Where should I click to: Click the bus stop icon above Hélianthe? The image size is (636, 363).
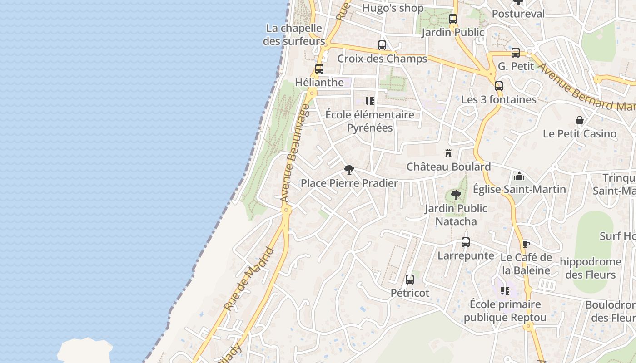click(319, 69)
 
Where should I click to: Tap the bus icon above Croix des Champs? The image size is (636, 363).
click(382, 45)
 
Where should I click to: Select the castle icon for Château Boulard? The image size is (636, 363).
click(448, 153)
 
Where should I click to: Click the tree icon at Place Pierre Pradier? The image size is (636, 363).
click(349, 170)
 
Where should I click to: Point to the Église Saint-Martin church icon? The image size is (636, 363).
click(519, 176)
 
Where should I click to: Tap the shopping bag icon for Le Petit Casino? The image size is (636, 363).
click(580, 120)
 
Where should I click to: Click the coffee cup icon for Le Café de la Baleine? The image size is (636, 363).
click(526, 245)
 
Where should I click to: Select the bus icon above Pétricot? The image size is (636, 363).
click(410, 280)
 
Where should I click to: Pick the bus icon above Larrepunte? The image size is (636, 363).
click(466, 242)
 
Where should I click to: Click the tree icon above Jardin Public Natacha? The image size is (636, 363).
click(456, 195)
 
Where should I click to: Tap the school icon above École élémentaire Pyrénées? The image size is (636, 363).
click(370, 101)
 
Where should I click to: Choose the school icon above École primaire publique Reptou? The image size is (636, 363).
click(505, 290)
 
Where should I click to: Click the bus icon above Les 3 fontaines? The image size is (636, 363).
click(499, 86)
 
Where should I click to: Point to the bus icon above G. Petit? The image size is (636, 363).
click(516, 53)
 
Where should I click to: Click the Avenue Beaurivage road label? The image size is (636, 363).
click(295, 153)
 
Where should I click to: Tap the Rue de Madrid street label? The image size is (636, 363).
click(250, 279)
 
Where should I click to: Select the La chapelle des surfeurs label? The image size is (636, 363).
click(294, 34)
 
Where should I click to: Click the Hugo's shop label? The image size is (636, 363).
click(393, 8)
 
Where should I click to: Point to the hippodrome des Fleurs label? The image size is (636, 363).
click(591, 268)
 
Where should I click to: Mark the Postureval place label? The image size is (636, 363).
click(518, 14)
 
